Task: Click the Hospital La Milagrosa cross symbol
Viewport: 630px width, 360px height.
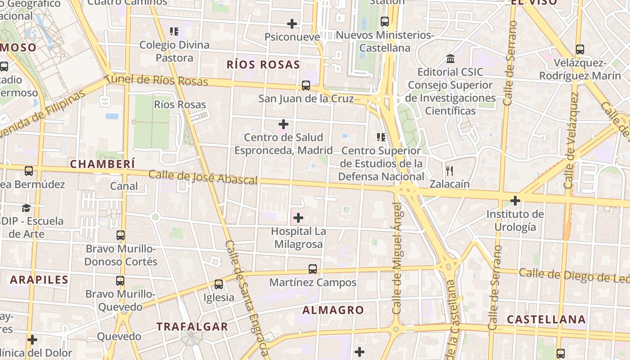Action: (x=298, y=218)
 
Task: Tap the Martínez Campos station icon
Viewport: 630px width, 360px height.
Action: (x=313, y=269)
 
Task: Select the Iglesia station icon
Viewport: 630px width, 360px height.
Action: (x=219, y=284)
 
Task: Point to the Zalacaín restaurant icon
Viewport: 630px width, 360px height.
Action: (x=449, y=171)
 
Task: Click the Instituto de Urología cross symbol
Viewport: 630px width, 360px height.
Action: (x=515, y=200)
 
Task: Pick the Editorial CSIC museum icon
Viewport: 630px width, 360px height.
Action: (x=450, y=59)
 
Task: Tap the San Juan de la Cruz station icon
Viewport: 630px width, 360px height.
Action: (x=306, y=85)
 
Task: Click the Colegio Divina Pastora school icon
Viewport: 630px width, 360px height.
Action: (x=174, y=31)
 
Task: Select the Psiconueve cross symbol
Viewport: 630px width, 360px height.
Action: (x=292, y=23)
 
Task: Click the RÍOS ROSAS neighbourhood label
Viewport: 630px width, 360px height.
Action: (x=263, y=65)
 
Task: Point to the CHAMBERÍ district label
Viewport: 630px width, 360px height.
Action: (x=103, y=164)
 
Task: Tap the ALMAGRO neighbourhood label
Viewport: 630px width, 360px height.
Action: (x=333, y=310)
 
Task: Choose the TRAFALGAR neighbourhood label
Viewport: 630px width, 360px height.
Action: (x=192, y=327)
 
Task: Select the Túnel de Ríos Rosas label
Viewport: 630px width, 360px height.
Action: (x=157, y=81)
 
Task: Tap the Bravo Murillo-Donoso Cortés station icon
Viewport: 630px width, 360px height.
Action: (x=121, y=235)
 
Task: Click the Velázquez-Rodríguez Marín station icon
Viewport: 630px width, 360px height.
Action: (x=580, y=49)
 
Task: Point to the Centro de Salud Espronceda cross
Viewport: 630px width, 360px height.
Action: (x=283, y=124)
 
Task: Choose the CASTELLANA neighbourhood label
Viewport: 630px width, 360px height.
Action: (x=546, y=319)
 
